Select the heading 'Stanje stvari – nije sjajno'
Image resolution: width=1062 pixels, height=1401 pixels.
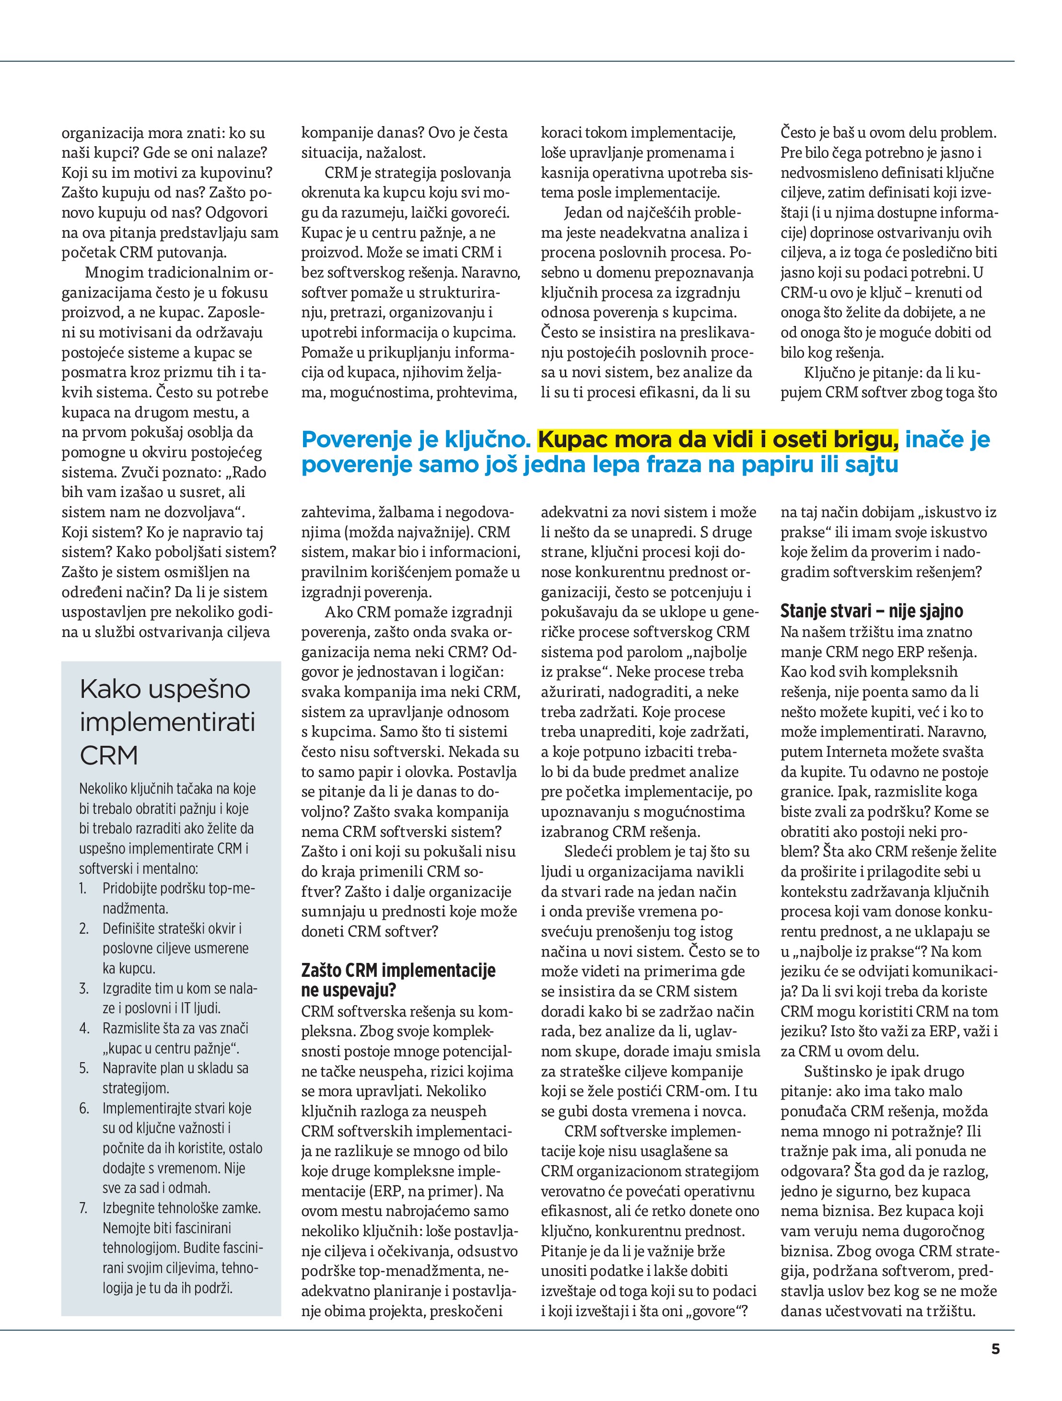871,611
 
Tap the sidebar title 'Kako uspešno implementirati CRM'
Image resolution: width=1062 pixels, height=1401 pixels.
167,722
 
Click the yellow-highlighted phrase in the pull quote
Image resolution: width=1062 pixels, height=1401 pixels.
718,439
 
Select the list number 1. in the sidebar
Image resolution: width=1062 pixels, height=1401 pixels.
83,889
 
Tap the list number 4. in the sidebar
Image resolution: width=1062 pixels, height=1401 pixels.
83,1028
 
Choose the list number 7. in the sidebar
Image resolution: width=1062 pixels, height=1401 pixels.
83,1208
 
